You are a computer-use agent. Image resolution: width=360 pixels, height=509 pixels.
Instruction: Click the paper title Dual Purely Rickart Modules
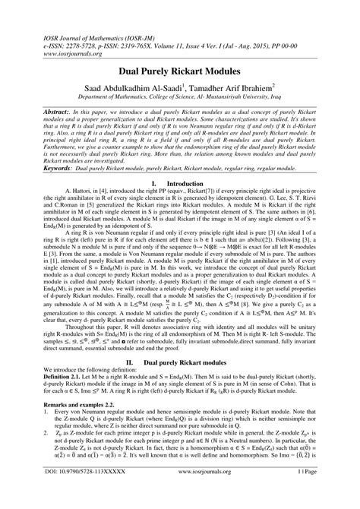(x=179, y=71)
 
